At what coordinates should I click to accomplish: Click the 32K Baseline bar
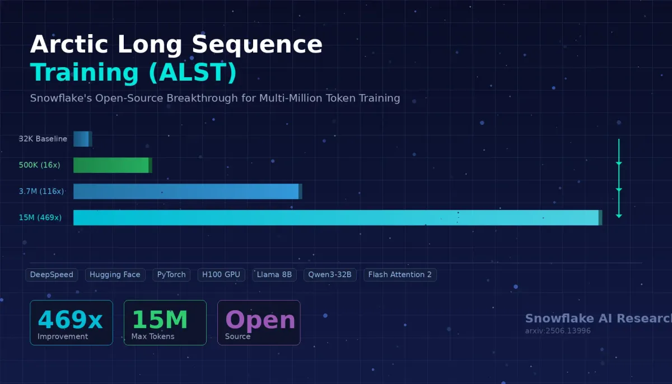click(x=82, y=139)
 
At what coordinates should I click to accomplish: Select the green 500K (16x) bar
click(x=112, y=165)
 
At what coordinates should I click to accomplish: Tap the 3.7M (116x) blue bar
click(x=187, y=191)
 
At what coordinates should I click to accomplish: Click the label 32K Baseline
click(x=43, y=139)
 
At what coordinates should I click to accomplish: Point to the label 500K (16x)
click(x=39, y=165)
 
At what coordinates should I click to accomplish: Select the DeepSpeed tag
click(x=52, y=275)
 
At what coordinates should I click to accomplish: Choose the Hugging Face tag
click(x=115, y=275)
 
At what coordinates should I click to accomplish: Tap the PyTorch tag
click(x=171, y=275)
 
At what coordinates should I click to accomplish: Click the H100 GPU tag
click(x=221, y=275)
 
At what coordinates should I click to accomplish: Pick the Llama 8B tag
click(x=274, y=275)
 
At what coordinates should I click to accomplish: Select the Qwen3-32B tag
click(x=330, y=275)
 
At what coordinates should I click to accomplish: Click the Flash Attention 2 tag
click(x=400, y=275)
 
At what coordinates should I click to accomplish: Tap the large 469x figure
click(x=70, y=320)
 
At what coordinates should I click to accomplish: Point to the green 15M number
click(x=160, y=320)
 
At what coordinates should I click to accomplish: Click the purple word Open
click(x=260, y=320)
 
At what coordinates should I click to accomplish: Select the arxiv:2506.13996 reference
click(x=558, y=331)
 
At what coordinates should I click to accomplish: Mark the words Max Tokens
click(x=153, y=336)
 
